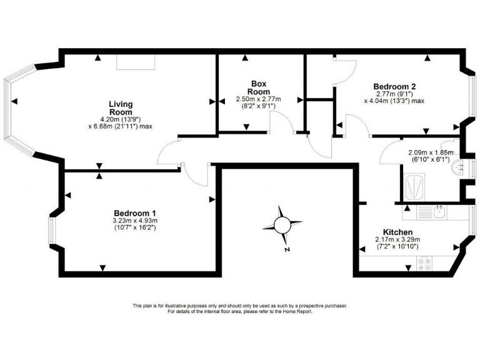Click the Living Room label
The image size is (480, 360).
[x=121, y=108]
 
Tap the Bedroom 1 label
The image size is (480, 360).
[x=134, y=212]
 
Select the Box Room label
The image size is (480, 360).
[x=259, y=87]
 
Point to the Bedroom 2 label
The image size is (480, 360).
[x=394, y=87]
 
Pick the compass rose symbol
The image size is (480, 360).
[x=282, y=222]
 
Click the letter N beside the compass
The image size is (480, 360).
[x=286, y=250]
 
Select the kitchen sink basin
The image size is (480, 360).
[x=439, y=212]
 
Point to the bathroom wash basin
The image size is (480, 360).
[x=460, y=167]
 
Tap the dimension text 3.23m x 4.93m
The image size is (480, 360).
[x=134, y=221]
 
